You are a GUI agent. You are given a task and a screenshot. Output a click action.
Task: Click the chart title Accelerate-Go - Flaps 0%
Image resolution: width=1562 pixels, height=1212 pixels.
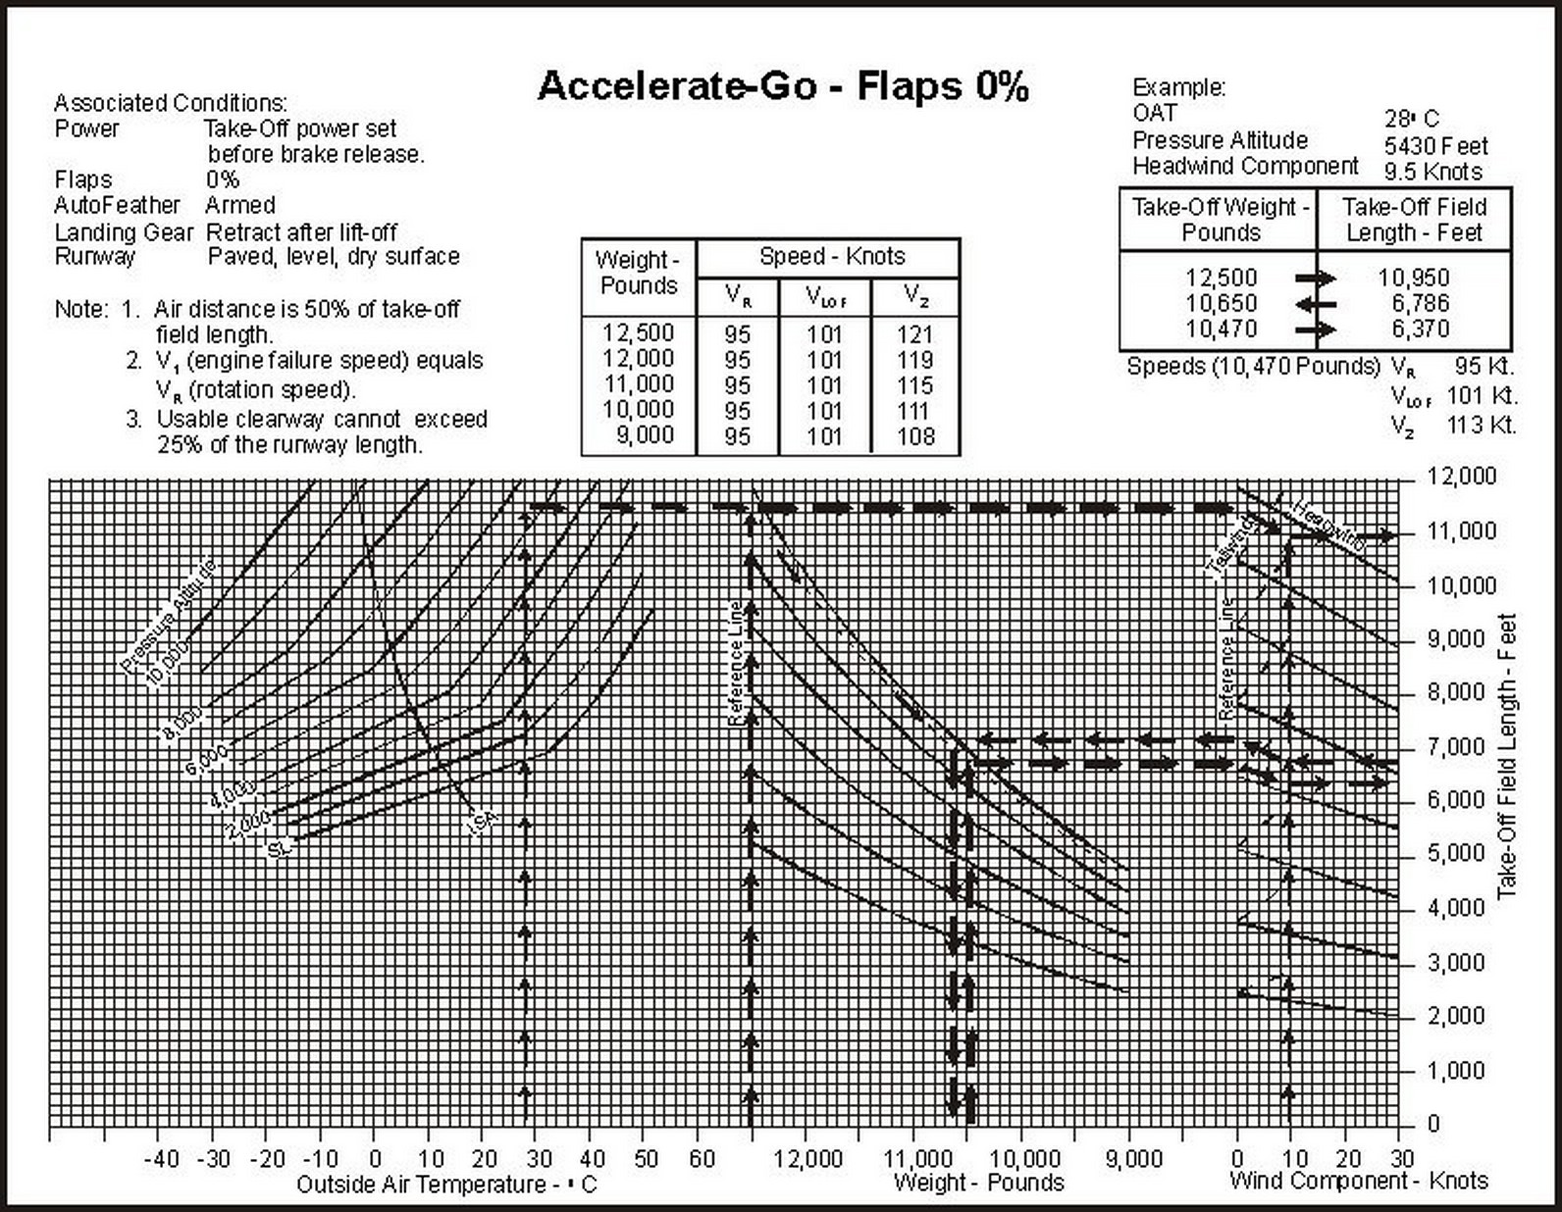coord(783,86)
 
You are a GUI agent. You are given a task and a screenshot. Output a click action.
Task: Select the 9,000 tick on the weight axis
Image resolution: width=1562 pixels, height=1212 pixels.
coord(1134,1159)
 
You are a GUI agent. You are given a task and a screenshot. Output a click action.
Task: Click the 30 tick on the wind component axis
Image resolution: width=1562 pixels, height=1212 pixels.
coord(1403,1159)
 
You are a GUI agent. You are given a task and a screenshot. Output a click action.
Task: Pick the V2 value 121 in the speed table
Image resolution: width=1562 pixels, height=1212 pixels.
coord(915,334)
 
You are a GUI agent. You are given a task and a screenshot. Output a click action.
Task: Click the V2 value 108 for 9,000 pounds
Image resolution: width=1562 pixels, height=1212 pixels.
coord(915,436)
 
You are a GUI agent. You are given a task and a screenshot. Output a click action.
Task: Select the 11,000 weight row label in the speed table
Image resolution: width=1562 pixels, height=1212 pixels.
coord(638,384)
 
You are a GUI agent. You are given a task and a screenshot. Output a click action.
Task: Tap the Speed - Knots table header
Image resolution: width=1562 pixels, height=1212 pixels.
coord(832,257)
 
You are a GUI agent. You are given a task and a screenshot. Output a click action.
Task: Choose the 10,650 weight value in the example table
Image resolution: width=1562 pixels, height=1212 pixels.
coord(1221,303)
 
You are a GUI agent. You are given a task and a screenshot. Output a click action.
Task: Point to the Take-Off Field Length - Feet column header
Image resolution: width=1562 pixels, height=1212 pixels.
coord(1414,220)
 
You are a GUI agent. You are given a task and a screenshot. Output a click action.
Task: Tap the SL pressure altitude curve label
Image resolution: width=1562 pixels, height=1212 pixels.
coord(280,849)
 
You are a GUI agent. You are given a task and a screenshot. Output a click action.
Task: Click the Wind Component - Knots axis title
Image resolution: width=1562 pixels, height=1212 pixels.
coord(1359,1181)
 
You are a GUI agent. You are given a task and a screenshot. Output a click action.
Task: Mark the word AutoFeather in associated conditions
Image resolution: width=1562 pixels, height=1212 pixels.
coord(117,205)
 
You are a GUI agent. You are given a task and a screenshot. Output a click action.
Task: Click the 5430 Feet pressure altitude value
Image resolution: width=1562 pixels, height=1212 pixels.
coord(1435,146)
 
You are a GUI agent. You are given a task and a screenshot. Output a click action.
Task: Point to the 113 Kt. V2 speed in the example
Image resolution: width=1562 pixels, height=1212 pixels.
coord(1481,426)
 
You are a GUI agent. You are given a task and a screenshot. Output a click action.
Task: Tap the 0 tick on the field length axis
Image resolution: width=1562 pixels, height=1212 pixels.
coord(1433,1124)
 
